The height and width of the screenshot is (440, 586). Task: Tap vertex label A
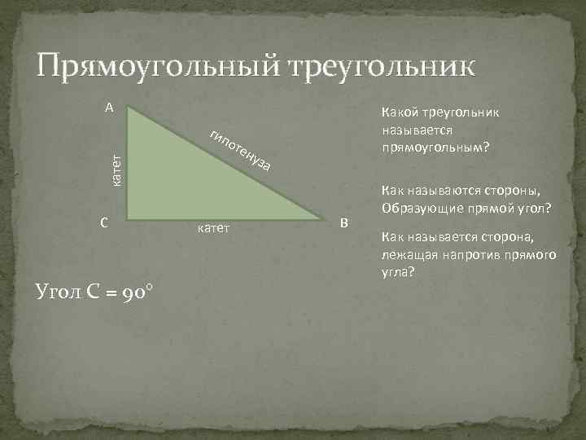[108, 107]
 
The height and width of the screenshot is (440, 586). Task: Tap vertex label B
[344, 223]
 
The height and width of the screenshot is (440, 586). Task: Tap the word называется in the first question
[416, 130]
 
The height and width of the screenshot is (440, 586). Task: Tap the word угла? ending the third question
[398, 272]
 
